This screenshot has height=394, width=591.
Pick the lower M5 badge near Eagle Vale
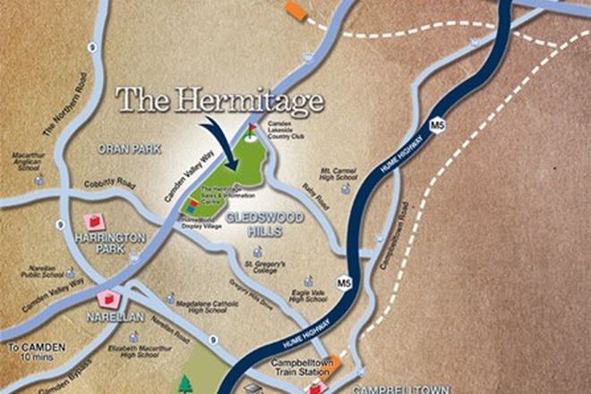[x=342, y=283]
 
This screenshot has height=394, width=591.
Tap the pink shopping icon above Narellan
[x=110, y=299]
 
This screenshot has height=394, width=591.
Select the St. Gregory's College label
[x=265, y=268]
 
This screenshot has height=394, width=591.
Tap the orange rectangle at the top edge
[x=295, y=9]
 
